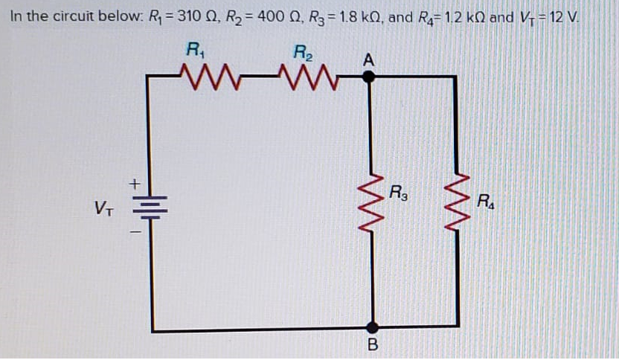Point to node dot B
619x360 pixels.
coord(373,326)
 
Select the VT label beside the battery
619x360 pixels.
coord(104,205)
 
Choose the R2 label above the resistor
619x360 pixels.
coord(304,51)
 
